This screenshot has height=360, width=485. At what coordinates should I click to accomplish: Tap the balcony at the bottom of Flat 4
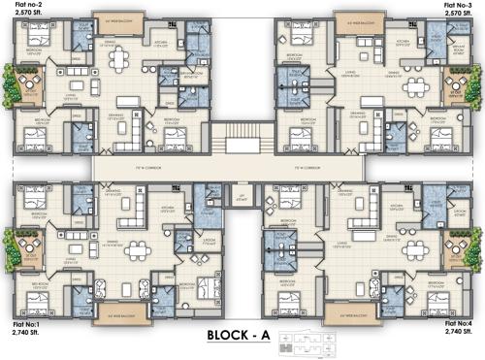pos(345,312)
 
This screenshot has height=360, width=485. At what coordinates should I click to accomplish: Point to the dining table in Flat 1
pos(135,248)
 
